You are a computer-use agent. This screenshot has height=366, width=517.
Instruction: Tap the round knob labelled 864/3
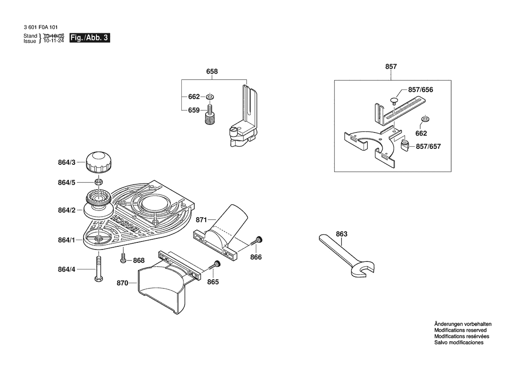[99, 162]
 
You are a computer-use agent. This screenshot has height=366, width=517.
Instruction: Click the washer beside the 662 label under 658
[210, 97]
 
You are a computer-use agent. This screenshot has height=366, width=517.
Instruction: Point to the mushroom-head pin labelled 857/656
[394, 101]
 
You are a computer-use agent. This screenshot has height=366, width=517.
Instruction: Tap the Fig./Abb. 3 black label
[89, 38]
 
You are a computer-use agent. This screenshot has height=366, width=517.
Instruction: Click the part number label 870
[123, 283]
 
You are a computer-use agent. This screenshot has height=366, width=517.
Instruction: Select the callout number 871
[201, 220]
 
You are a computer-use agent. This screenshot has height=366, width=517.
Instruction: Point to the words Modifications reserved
[460, 330]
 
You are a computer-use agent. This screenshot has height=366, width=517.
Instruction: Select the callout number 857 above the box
[391, 66]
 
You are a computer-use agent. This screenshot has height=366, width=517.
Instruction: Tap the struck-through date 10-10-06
[54, 35]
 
